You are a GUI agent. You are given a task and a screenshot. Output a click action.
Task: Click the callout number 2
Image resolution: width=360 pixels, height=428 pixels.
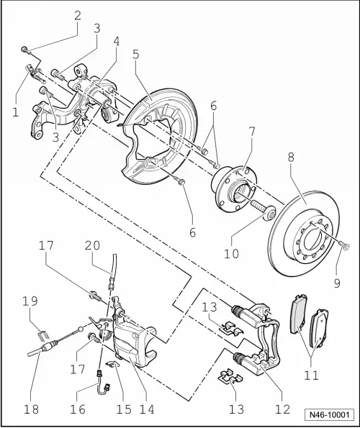click(x=78, y=14)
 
